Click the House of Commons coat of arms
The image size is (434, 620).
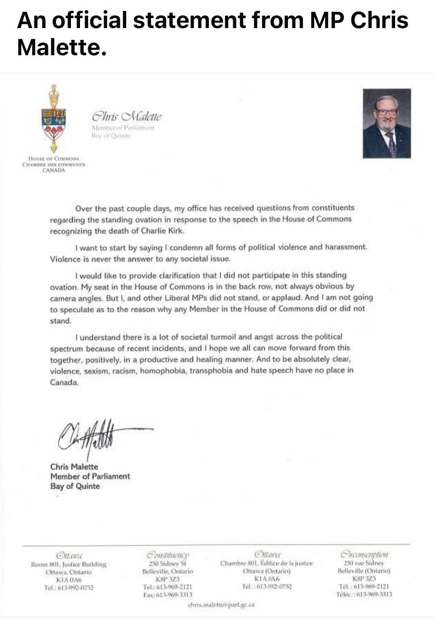[53, 120]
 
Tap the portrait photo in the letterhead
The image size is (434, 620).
[387, 123]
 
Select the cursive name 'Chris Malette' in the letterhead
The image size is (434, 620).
[126, 117]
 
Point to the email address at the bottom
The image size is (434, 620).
[221, 605]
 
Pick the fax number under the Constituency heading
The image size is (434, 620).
[167, 594]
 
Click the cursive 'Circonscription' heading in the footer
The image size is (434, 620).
[364, 554]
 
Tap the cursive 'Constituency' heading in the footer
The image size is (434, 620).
[168, 554]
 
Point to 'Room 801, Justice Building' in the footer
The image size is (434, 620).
[68, 564]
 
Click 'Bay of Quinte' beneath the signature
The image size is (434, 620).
[75, 486]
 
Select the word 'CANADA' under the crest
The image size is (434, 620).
[54, 170]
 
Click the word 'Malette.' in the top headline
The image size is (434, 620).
[62, 47]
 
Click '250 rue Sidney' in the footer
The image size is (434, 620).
[363, 563]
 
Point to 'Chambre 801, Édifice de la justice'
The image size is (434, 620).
[266, 563]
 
